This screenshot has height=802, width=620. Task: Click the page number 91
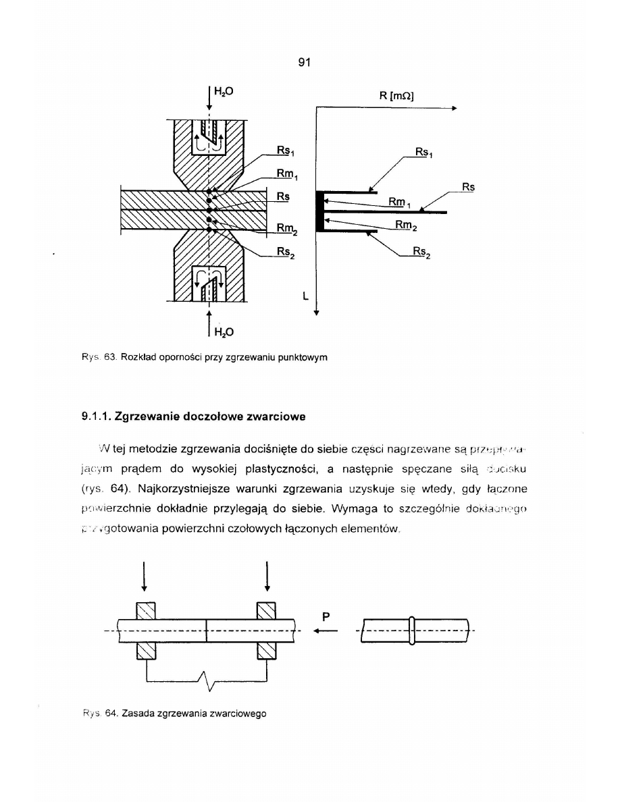click(303, 63)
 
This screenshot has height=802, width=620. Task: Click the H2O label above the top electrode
click(224, 89)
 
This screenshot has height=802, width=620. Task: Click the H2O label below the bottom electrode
click(224, 331)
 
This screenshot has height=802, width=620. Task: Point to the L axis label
click(306, 295)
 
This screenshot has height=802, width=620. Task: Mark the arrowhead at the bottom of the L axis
click(316, 312)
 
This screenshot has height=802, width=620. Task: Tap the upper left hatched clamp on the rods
click(147, 610)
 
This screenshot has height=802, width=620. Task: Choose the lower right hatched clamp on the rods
click(267, 649)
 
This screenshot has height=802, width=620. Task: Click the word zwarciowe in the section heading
click(273, 416)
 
